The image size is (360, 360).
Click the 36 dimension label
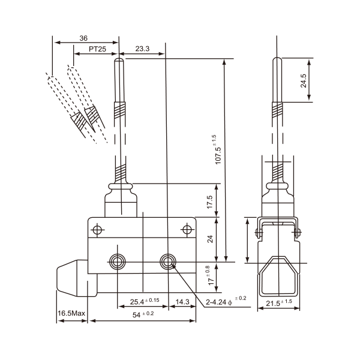coord(83,38)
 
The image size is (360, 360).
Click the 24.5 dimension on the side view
coord(304,80)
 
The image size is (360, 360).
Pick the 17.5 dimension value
coord(209,202)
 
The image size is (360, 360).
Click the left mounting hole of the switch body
coord(116,261)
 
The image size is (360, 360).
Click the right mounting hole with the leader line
coord(167,261)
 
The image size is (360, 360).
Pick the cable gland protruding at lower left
coord(71,280)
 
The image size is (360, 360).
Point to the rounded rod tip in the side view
coord(278,61)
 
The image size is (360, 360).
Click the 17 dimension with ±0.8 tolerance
coord(209,277)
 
